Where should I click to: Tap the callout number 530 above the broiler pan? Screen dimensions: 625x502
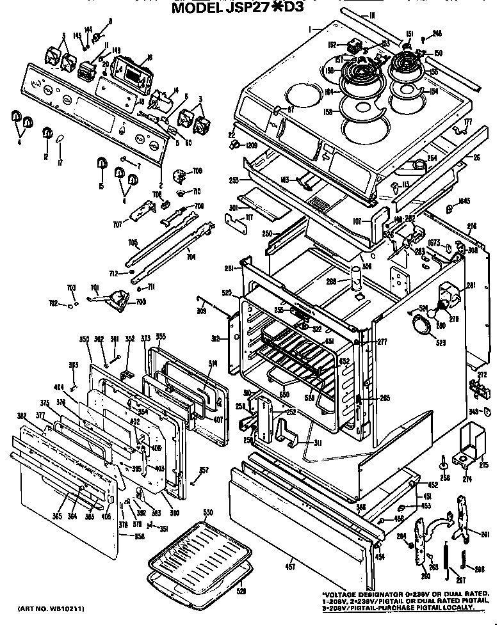pos(207,512)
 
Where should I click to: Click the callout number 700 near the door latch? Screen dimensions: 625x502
pos(140,301)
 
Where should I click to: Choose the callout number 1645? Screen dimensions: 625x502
pos(464,202)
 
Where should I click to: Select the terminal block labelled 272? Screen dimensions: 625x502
pos(478,388)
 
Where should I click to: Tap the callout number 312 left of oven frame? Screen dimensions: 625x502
pos(216,338)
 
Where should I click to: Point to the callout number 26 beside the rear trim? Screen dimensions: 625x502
pos(476,157)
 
